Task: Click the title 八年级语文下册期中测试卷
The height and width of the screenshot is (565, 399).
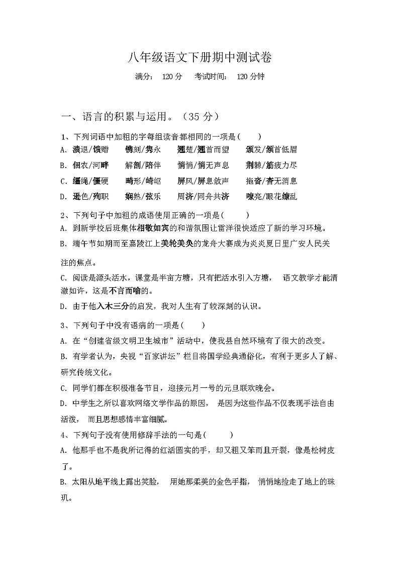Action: click(199, 57)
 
